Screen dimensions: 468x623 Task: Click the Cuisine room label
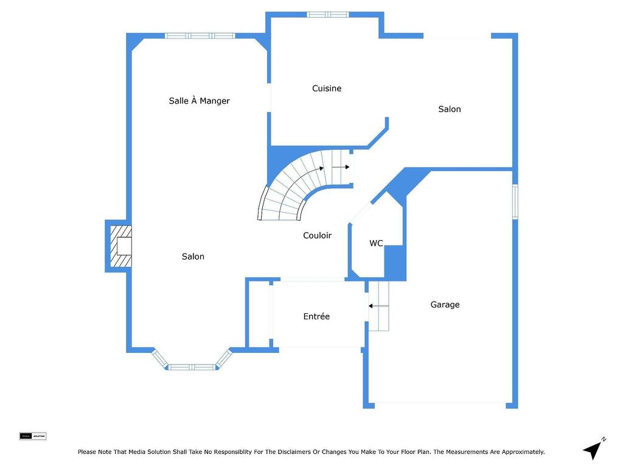(x=327, y=88)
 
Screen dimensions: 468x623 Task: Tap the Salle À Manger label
(x=199, y=101)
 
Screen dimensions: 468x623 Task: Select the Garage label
(x=445, y=305)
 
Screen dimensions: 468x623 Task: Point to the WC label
(x=376, y=243)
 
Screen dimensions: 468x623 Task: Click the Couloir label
(x=317, y=235)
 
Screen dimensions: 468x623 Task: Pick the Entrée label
(x=316, y=316)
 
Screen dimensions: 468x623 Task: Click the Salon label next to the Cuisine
(x=450, y=109)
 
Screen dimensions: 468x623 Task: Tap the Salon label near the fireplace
(x=193, y=257)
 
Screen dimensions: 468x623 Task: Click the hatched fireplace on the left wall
(x=120, y=246)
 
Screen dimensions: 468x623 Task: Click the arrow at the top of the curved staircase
(x=340, y=166)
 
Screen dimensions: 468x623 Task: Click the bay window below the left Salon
(x=192, y=366)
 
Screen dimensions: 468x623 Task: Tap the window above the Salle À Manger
(x=200, y=36)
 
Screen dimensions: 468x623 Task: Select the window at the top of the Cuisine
(x=327, y=15)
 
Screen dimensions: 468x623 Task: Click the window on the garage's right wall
(x=515, y=202)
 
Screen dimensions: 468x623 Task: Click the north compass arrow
(x=593, y=450)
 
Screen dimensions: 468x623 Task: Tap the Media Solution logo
(x=33, y=436)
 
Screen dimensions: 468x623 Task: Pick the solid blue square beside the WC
(x=394, y=262)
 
